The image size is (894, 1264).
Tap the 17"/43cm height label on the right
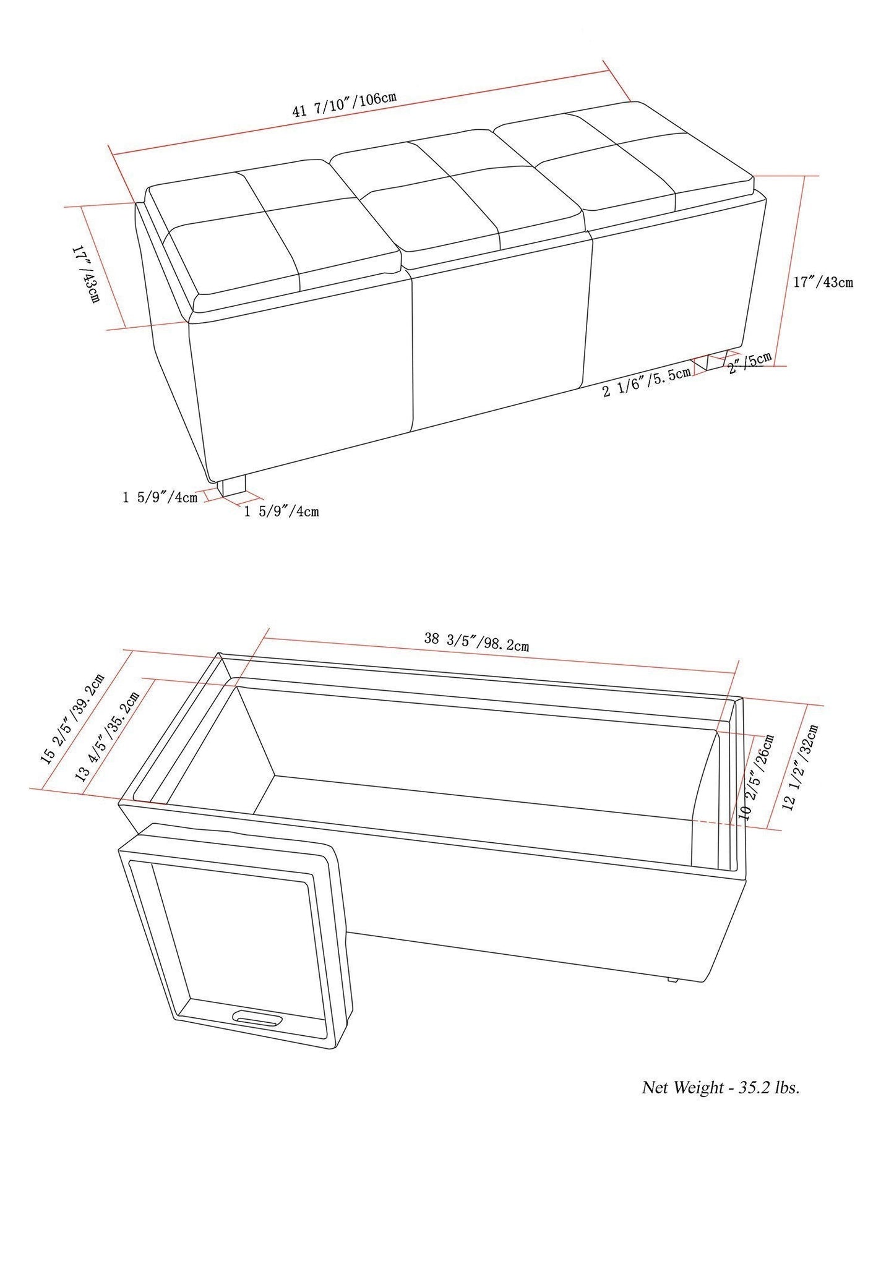pos(823,281)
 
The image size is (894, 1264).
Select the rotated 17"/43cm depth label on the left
pos(86,275)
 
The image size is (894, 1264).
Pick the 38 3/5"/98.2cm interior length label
pos(476,641)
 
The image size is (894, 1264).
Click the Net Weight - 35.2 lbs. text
pos(721,1105)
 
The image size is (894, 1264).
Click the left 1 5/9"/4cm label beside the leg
pos(160,497)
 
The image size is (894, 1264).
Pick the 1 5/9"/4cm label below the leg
pos(282,511)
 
